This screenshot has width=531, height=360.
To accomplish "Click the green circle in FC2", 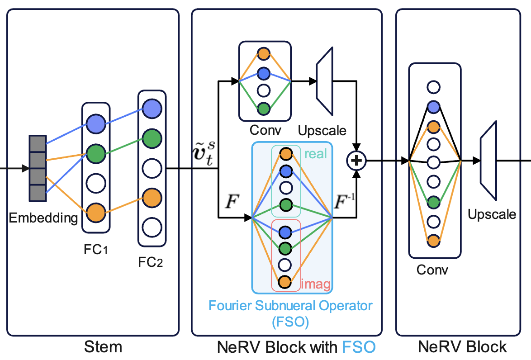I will [152, 137].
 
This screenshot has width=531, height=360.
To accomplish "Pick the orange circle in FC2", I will [152, 197].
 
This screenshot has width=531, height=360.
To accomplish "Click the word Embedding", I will [43, 218].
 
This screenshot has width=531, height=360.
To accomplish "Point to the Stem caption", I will [103, 347].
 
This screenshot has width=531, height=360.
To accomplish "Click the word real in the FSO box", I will [316, 154].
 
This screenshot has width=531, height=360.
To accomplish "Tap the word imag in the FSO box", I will [316, 285].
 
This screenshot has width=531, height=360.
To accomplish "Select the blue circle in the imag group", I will [285, 232].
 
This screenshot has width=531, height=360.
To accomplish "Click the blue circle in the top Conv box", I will [263, 73].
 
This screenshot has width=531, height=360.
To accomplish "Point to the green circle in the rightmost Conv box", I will [434, 201].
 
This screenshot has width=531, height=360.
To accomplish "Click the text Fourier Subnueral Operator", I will [290, 305].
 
